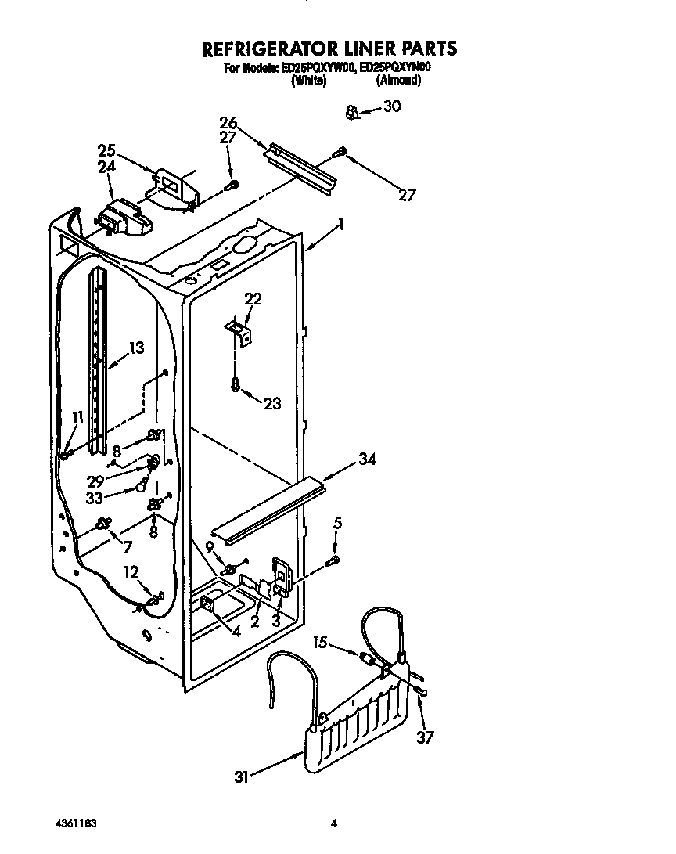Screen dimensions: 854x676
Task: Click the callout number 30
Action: tap(392, 106)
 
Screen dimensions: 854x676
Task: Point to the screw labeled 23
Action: tap(235, 384)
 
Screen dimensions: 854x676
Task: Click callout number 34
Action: tap(367, 459)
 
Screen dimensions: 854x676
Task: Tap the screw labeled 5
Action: tap(334, 560)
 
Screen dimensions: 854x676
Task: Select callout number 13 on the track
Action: tap(136, 348)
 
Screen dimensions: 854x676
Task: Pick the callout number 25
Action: tap(107, 150)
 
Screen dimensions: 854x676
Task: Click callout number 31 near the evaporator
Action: tap(241, 777)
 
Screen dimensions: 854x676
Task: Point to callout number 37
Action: tap(426, 737)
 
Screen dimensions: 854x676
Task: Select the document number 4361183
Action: tap(77, 823)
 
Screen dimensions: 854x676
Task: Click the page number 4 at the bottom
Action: tap(334, 823)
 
